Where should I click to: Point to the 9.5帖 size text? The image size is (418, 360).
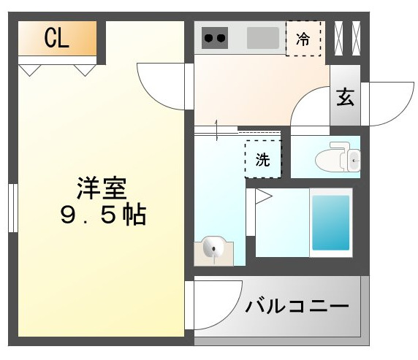click(x=102, y=215)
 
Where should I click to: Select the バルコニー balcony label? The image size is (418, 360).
click(x=297, y=306)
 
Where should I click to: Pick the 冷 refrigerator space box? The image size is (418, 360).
click(x=303, y=39)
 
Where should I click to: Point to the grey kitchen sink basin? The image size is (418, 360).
click(x=263, y=37)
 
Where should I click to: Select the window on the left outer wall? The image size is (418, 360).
click(x=12, y=209)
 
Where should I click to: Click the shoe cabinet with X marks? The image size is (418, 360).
click(x=346, y=36)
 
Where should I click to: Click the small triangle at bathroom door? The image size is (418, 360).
click(x=263, y=196)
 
